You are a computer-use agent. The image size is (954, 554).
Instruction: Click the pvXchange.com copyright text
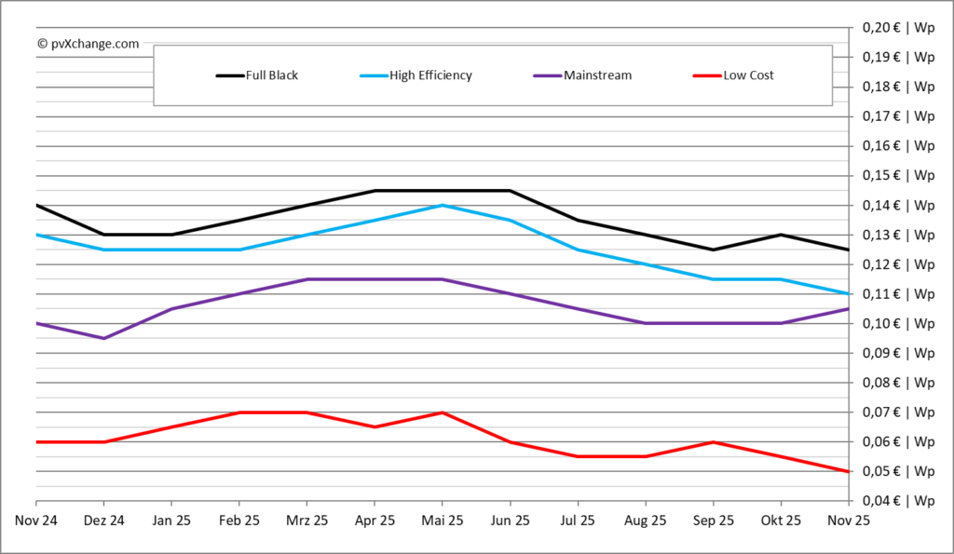click(x=89, y=43)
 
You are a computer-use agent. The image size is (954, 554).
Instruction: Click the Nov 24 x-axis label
click(x=36, y=520)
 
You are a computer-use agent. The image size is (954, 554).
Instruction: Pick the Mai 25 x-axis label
click(x=442, y=520)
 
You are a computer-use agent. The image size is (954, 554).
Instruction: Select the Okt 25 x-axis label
click(x=781, y=520)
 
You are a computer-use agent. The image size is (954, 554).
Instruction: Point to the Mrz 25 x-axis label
click(x=307, y=520)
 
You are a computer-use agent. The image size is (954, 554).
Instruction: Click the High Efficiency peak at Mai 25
click(x=442, y=205)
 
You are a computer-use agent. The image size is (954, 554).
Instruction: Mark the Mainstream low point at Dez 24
click(x=103, y=338)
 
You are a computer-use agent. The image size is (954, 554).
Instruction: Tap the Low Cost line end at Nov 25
click(x=848, y=471)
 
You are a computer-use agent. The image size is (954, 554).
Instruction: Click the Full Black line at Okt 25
click(x=781, y=235)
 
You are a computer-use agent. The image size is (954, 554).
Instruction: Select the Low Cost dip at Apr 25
click(x=375, y=426)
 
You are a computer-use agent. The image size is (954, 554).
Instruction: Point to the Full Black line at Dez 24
click(x=103, y=235)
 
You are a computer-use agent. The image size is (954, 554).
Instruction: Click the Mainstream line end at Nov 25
click(x=848, y=309)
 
